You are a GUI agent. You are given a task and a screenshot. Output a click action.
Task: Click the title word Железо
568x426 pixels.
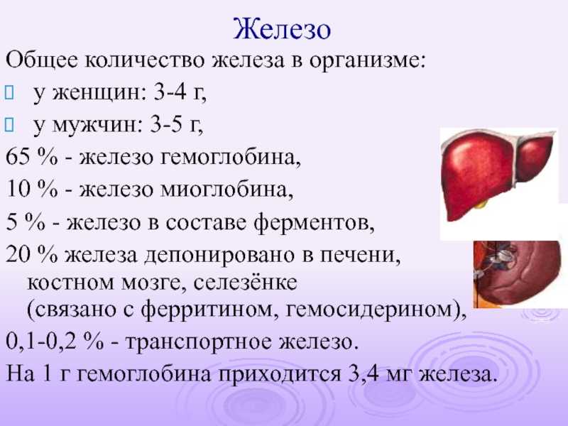[281, 29]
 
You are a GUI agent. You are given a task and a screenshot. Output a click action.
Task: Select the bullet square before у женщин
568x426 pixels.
[9, 93]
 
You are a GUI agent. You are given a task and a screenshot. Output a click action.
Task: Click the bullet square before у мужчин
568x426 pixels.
[9, 125]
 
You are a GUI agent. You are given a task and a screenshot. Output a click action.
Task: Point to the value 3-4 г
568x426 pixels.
[180, 92]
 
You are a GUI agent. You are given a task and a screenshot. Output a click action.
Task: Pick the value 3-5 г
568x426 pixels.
[176, 125]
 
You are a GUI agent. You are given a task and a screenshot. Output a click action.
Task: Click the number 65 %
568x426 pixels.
[31, 157]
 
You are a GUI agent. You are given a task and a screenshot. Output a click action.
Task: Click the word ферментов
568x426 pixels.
[314, 222]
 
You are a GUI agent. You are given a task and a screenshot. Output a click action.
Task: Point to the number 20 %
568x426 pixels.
[31, 254]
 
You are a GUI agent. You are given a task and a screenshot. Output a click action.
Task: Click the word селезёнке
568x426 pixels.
[245, 283]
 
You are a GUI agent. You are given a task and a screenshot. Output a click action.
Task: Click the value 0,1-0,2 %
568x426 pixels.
[55, 342]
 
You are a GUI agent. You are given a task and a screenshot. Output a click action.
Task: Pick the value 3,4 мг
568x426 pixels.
[378, 374]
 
